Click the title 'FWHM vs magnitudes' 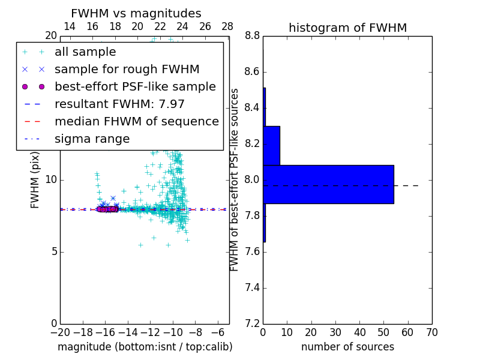[x=136, y=13]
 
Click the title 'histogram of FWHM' [x=347, y=28]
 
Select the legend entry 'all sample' [x=85, y=52]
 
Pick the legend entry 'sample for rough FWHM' [x=127, y=69]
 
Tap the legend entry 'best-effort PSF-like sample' [x=135, y=86]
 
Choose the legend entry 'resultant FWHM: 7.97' [x=119, y=104]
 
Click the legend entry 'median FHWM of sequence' [x=136, y=121]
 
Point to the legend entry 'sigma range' [x=92, y=139]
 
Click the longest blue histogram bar [x=328, y=184]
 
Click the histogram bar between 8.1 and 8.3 [x=271, y=145]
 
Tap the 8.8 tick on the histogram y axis [x=252, y=36]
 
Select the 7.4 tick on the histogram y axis [x=252, y=287]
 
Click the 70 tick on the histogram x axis [x=431, y=332]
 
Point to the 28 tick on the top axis [x=227, y=26]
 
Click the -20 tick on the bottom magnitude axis [x=60, y=332]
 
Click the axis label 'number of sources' [x=347, y=347]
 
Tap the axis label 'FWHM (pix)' [x=35, y=180]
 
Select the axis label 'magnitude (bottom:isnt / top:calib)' [x=145, y=347]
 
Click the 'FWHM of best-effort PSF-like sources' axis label [x=235, y=180]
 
